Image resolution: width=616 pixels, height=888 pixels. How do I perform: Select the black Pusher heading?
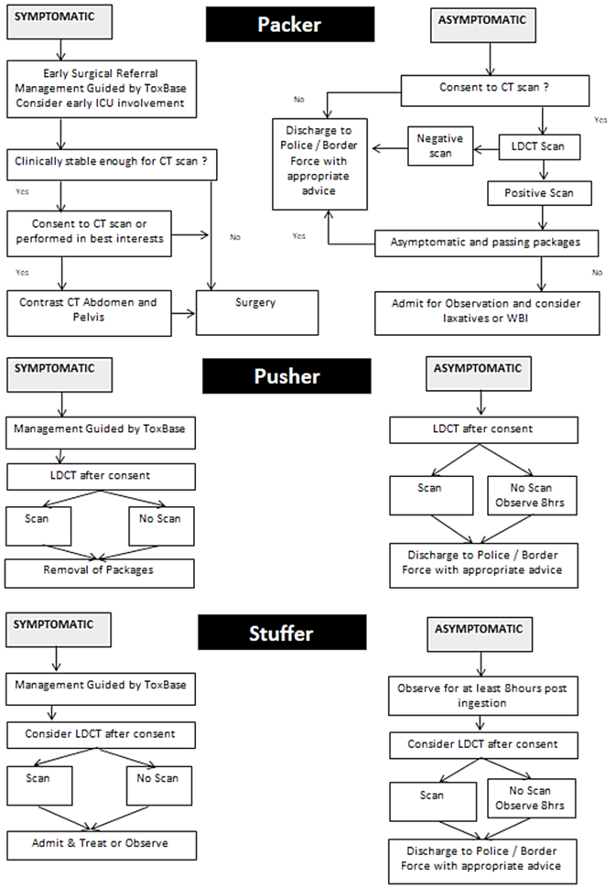point(286,375)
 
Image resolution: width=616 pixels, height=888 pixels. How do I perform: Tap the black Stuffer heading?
point(282,633)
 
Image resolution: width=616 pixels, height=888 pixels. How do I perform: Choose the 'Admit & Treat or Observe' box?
point(101,843)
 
